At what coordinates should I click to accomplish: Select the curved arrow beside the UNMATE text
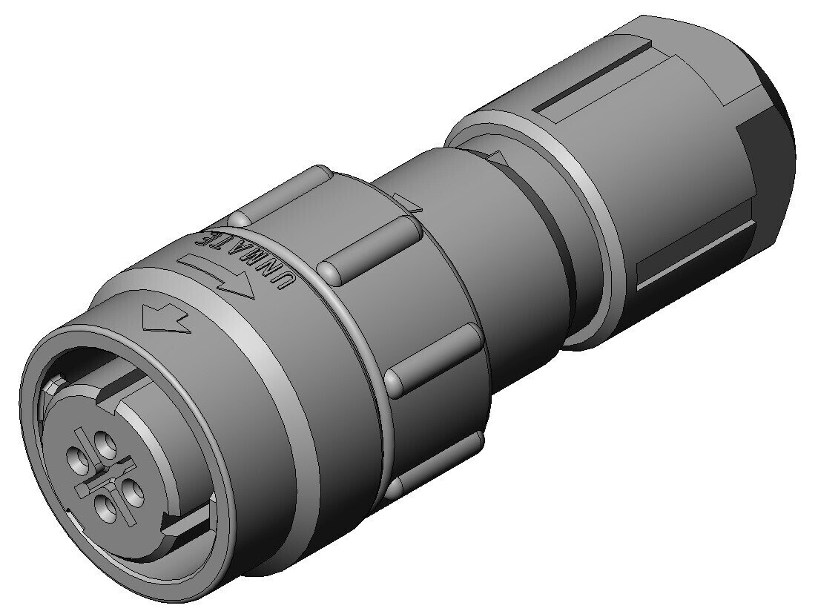click(215, 275)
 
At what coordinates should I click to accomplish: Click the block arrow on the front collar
click(167, 319)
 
